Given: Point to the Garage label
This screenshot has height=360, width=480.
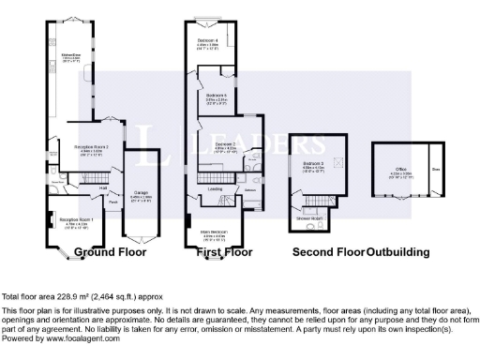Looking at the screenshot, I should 141,196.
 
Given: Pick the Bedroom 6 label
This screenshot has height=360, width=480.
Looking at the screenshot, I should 217,95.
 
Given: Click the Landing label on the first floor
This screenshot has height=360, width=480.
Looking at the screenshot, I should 215,188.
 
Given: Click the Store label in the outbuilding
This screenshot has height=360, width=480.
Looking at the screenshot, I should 436,170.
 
